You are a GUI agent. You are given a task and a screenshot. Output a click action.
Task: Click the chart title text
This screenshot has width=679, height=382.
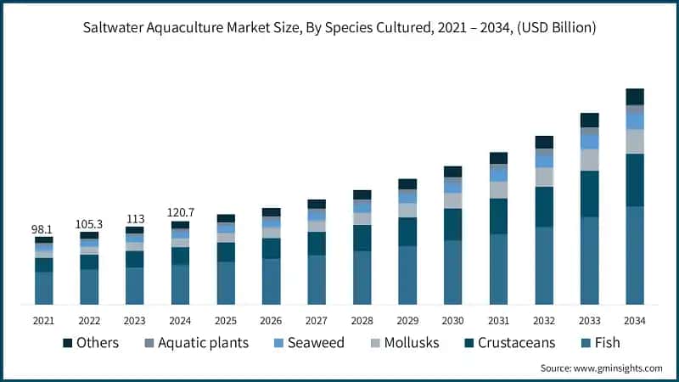339,28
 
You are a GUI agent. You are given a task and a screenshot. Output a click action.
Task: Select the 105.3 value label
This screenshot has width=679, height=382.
89,223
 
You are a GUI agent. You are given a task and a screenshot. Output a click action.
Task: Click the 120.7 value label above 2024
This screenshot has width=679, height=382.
180,211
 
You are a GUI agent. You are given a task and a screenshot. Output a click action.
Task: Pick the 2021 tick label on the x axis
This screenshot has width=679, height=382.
44,321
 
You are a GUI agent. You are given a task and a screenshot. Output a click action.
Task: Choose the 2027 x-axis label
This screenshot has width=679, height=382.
317,321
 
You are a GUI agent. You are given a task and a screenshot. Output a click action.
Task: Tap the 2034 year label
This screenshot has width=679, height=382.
634,321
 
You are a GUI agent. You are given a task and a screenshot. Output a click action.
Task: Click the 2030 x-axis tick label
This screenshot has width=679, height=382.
452,321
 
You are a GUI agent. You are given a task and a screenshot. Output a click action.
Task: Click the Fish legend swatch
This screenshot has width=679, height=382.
585,343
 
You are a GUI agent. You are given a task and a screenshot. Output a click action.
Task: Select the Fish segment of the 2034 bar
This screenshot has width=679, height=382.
634,255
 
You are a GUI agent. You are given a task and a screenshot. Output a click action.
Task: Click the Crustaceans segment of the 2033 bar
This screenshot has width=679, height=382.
589,194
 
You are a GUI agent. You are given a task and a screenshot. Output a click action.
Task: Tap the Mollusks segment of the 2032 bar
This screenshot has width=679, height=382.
544,177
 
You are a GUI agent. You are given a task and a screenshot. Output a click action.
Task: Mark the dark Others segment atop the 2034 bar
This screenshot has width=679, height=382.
634,97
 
